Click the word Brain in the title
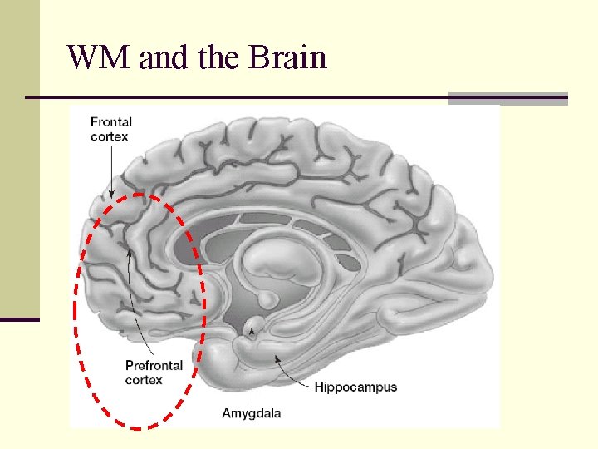coord(287,58)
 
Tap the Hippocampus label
coord(355,387)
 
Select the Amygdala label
coord(251,413)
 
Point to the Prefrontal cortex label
coord(154,373)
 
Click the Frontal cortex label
coord(111,129)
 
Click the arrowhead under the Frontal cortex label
coord(111,195)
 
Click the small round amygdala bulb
coord(255,323)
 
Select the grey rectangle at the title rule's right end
coord(507,98)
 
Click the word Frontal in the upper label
coord(111,121)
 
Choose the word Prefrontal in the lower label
coord(154,366)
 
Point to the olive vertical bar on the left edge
coord(19,158)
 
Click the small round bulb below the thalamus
coord(268,298)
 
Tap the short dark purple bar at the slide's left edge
coord(19,319)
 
